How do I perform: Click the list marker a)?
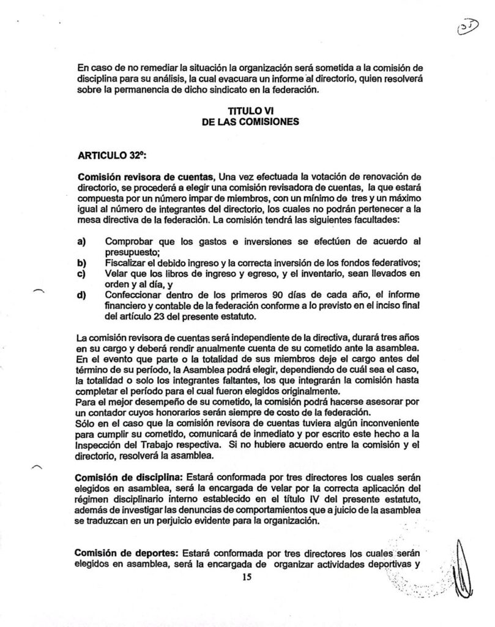click(81, 241)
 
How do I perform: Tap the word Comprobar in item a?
click(132, 241)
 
